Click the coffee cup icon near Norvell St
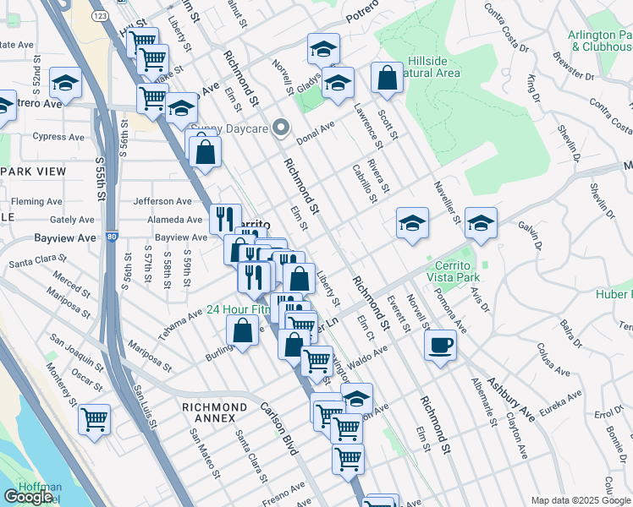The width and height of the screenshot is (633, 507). point(440,346)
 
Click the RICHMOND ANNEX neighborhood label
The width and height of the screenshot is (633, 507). point(214,407)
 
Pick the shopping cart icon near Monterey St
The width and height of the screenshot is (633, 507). point(94,419)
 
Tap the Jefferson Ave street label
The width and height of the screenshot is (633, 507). point(162,201)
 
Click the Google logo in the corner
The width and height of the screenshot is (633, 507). point(29,497)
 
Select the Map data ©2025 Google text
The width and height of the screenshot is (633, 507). point(581,500)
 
